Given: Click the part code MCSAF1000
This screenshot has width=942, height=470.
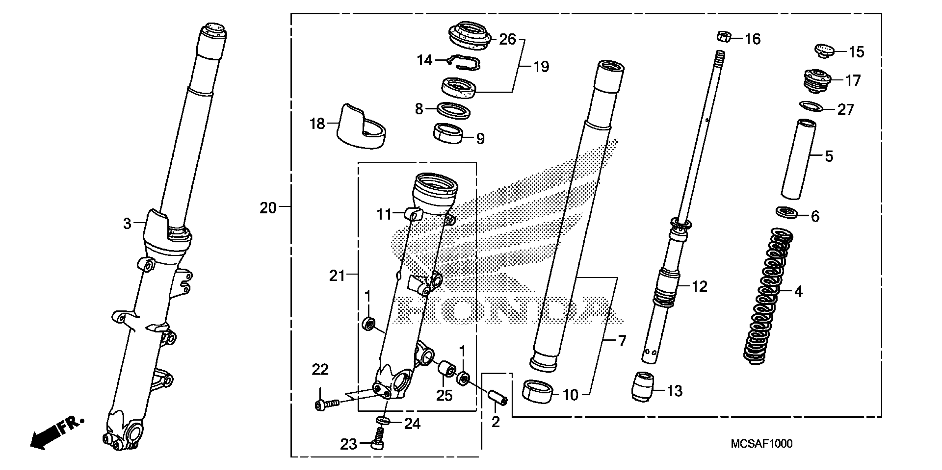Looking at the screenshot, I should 761,444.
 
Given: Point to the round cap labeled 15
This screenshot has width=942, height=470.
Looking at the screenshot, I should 824,51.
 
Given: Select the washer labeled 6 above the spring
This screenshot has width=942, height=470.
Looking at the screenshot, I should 786,212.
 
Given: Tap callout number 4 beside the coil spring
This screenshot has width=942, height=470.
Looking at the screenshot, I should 798,291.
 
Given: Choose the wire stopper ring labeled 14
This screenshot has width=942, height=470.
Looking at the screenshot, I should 464,63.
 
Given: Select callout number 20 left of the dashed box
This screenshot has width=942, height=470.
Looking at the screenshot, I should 268,208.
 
